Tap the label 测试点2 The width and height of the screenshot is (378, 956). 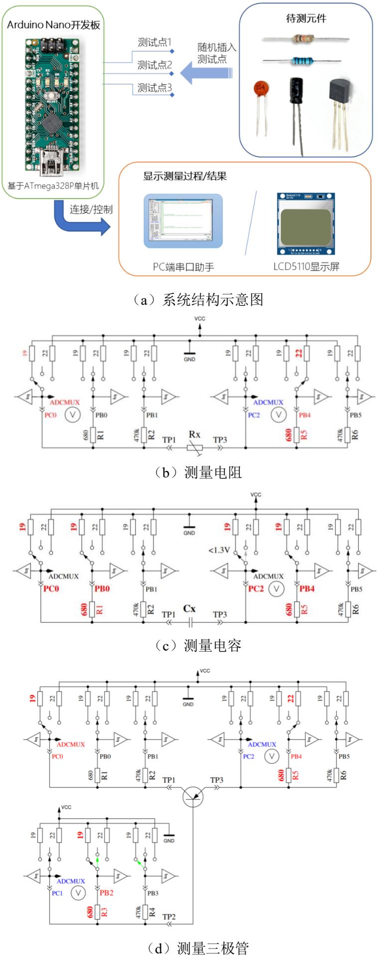(x=155, y=65)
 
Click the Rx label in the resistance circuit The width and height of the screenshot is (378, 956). (x=194, y=435)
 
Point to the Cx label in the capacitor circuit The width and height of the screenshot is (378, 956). (x=189, y=608)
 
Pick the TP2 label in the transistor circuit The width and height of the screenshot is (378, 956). (x=169, y=917)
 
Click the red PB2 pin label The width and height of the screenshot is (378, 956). (x=106, y=892)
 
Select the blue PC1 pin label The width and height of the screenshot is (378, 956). (x=57, y=893)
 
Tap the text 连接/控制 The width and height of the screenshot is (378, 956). (x=91, y=209)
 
